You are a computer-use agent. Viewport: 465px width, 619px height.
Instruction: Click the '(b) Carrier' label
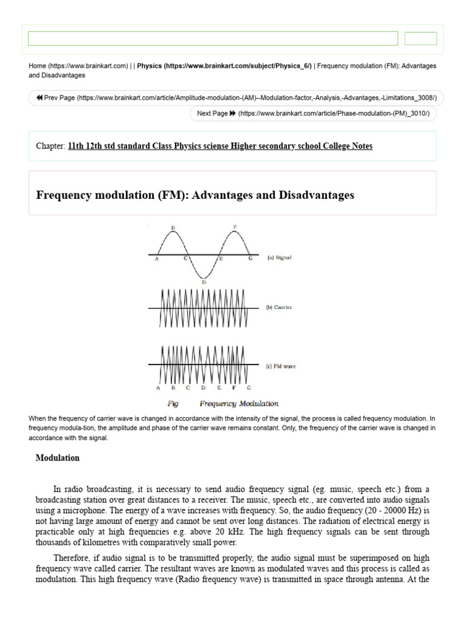(x=279, y=307)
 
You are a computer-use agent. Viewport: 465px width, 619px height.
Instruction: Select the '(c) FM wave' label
(x=281, y=366)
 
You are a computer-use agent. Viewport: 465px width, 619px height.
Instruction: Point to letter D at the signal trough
(x=203, y=282)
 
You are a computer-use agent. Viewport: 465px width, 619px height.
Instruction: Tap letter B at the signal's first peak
(x=173, y=228)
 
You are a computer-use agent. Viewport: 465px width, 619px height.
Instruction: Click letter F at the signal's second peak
(x=234, y=227)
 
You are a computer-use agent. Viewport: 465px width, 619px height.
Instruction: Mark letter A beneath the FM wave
(x=158, y=387)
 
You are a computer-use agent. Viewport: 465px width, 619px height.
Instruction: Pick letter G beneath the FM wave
(x=249, y=387)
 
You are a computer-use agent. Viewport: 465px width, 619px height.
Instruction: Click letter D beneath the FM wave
(x=203, y=387)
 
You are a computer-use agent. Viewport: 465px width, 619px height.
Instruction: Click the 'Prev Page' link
(x=60, y=98)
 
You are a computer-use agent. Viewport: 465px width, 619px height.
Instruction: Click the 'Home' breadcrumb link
(x=38, y=65)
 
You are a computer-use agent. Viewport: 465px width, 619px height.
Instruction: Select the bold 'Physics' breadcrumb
(x=149, y=65)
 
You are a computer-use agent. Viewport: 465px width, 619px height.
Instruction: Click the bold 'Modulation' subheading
(x=58, y=458)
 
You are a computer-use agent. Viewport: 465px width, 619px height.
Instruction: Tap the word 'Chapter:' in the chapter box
(x=50, y=146)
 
